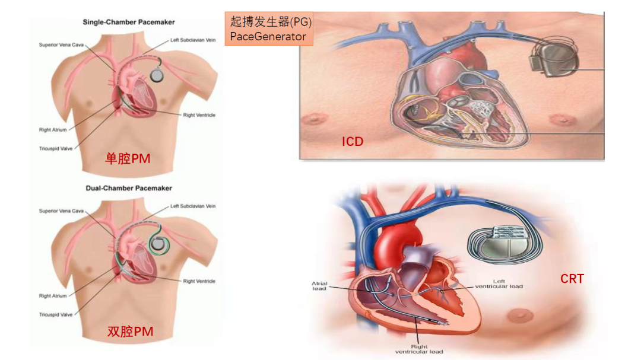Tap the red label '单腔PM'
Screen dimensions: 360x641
(128, 158)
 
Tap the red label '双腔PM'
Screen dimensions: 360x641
(130, 332)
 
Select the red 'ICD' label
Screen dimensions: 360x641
(352, 142)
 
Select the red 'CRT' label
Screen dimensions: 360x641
(572, 278)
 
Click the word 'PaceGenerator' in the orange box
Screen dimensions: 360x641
(268, 37)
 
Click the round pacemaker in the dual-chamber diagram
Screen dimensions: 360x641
(158, 242)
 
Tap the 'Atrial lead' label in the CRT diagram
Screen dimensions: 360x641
(319, 286)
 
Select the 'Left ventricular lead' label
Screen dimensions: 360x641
(499, 284)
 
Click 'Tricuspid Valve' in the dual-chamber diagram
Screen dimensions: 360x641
(56, 314)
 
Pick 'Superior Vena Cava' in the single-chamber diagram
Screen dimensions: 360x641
(60, 44)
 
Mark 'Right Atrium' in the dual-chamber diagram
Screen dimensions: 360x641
(53, 295)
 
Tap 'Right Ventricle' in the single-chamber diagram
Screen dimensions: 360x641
(199, 115)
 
